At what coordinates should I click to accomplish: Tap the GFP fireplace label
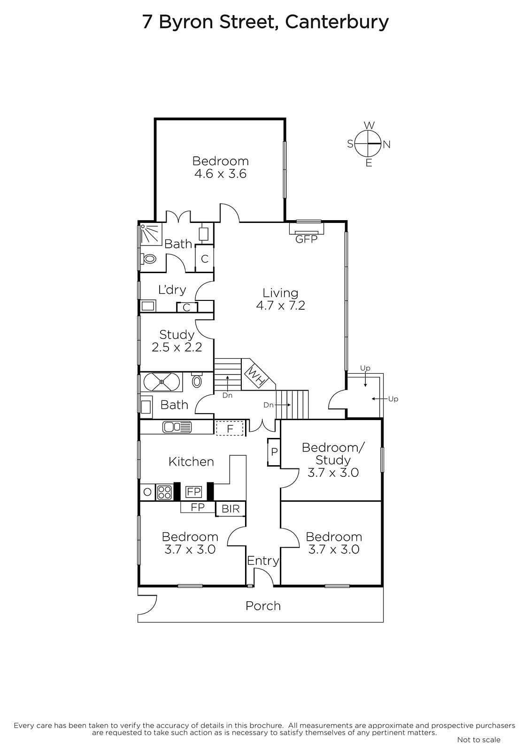click(x=306, y=239)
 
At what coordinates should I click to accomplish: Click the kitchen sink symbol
click(x=177, y=427)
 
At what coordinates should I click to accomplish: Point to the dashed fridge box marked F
click(x=230, y=429)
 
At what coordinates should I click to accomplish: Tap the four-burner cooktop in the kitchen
click(x=164, y=492)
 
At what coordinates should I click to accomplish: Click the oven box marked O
click(x=147, y=492)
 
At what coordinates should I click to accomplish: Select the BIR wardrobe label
click(x=231, y=509)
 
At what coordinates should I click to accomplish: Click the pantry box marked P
click(x=274, y=452)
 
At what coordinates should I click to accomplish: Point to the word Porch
click(x=263, y=606)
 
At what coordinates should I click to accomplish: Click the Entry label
click(x=263, y=560)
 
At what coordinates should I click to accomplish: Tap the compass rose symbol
click(x=369, y=144)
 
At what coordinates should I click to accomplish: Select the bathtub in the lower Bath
click(x=162, y=382)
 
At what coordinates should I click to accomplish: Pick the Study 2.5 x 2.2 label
click(x=177, y=341)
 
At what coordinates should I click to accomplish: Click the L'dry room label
click(x=172, y=289)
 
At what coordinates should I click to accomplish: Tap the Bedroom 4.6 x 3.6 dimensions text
click(x=220, y=174)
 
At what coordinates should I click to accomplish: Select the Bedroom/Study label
click(x=333, y=453)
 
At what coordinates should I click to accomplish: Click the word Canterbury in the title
click(x=337, y=22)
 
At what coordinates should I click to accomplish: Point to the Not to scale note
click(x=479, y=739)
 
